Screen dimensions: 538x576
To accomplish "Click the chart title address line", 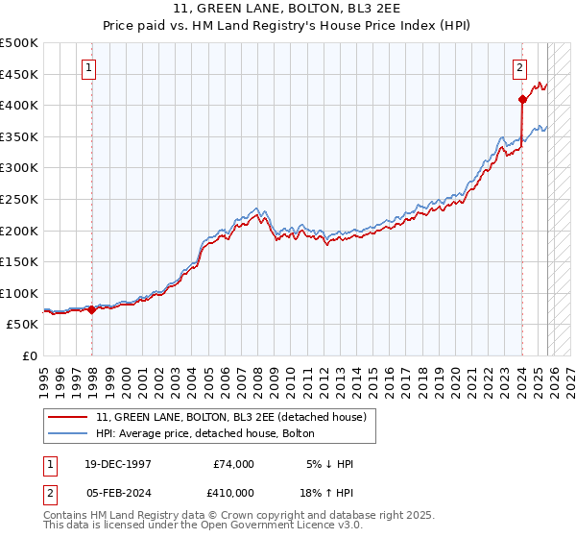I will point(288,9).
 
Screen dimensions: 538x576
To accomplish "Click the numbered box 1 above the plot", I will point(88,67).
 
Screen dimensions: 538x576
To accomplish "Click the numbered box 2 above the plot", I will point(519,67).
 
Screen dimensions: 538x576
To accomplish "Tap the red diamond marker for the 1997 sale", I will point(92,309).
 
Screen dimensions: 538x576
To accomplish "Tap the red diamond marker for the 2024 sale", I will point(522,99).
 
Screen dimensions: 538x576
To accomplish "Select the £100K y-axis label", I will point(19,293).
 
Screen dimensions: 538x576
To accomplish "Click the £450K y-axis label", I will point(19,74).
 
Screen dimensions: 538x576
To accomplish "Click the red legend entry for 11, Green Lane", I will point(231,417).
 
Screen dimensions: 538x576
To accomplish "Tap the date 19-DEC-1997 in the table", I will point(118,464).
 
